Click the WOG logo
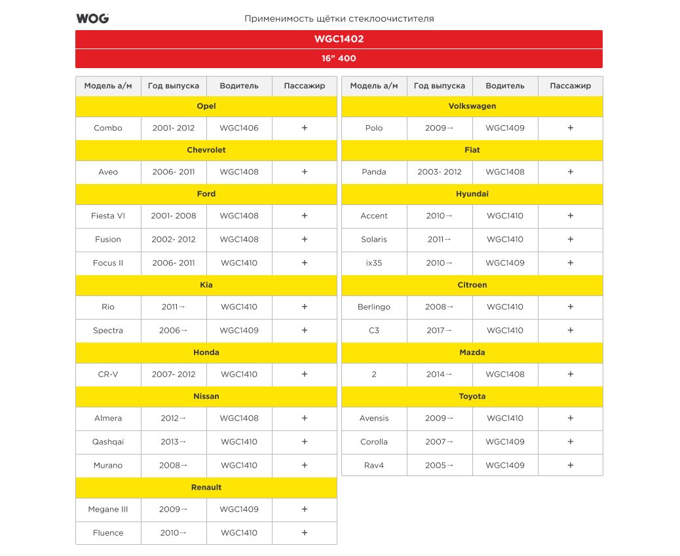click(x=92, y=18)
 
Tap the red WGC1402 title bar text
click(x=339, y=39)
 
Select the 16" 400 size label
click(x=339, y=58)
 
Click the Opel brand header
click(x=206, y=106)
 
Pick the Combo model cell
click(x=108, y=128)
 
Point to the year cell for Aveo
click(x=174, y=172)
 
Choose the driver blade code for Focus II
click(x=239, y=263)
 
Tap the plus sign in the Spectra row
click(x=305, y=331)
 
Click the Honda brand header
click(x=206, y=352)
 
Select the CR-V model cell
click(x=108, y=375)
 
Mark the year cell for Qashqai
click(x=174, y=442)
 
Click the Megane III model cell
click(x=108, y=510)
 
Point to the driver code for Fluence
click(x=239, y=533)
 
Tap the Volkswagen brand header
click(x=472, y=106)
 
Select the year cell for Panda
click(x=440, y=172)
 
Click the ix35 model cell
click(x=374, y=263)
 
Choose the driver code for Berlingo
click(x=505, y=307)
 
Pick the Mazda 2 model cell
click(x=374, y=375)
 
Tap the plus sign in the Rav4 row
click(x=571, y=466)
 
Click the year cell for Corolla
click(x=440, y=442)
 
